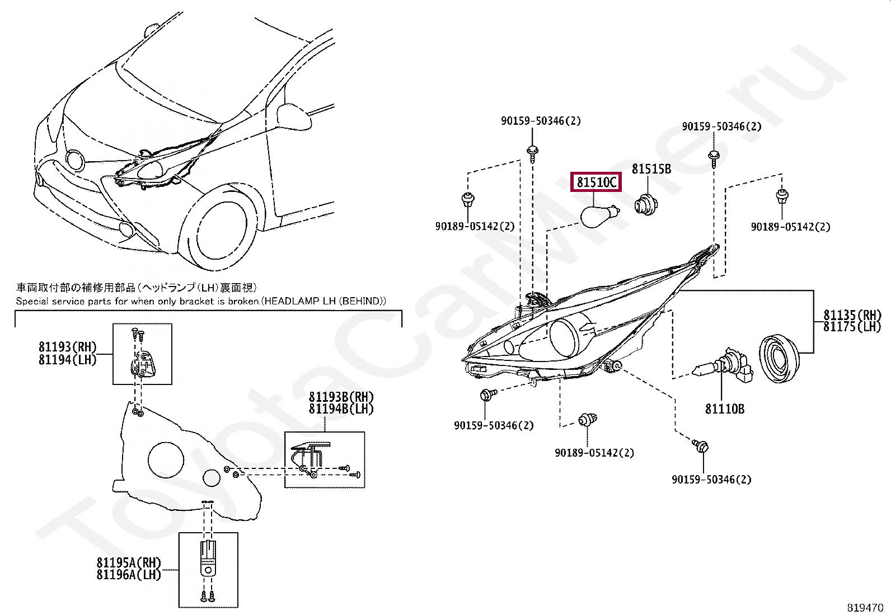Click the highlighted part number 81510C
(x=596, y=182)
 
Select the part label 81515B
(x=651, y=169)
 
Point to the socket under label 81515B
(x=646, y=204)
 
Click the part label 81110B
(x=725, y=409)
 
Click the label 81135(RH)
(x=852, y=315)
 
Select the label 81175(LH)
(x=852, y=327)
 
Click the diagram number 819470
(x=865, y=608)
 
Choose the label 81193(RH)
(x=68, y=348)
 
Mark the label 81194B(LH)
(x=341, y=409)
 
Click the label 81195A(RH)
(x=129, y=562)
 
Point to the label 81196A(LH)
(x=129, y=575)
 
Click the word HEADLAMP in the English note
(x=291, y=301)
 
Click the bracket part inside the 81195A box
(x=208, y=560)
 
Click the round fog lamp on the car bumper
(x=126, y=229)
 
